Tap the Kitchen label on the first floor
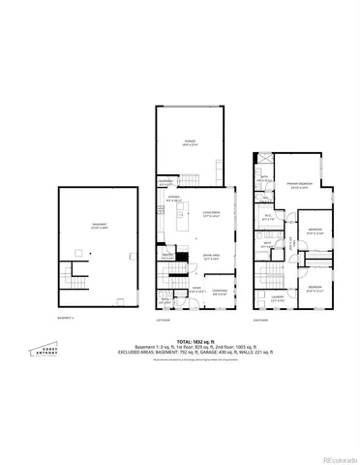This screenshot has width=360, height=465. (x=174, y=200)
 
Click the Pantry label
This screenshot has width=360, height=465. (x=167, y=256)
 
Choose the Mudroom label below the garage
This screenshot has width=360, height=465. (x=166, y=181)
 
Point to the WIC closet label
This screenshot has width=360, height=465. (x=268, y=219)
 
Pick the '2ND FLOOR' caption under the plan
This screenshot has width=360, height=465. (x=258, y=320)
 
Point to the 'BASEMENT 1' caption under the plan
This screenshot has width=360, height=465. (x=65, y=317)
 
